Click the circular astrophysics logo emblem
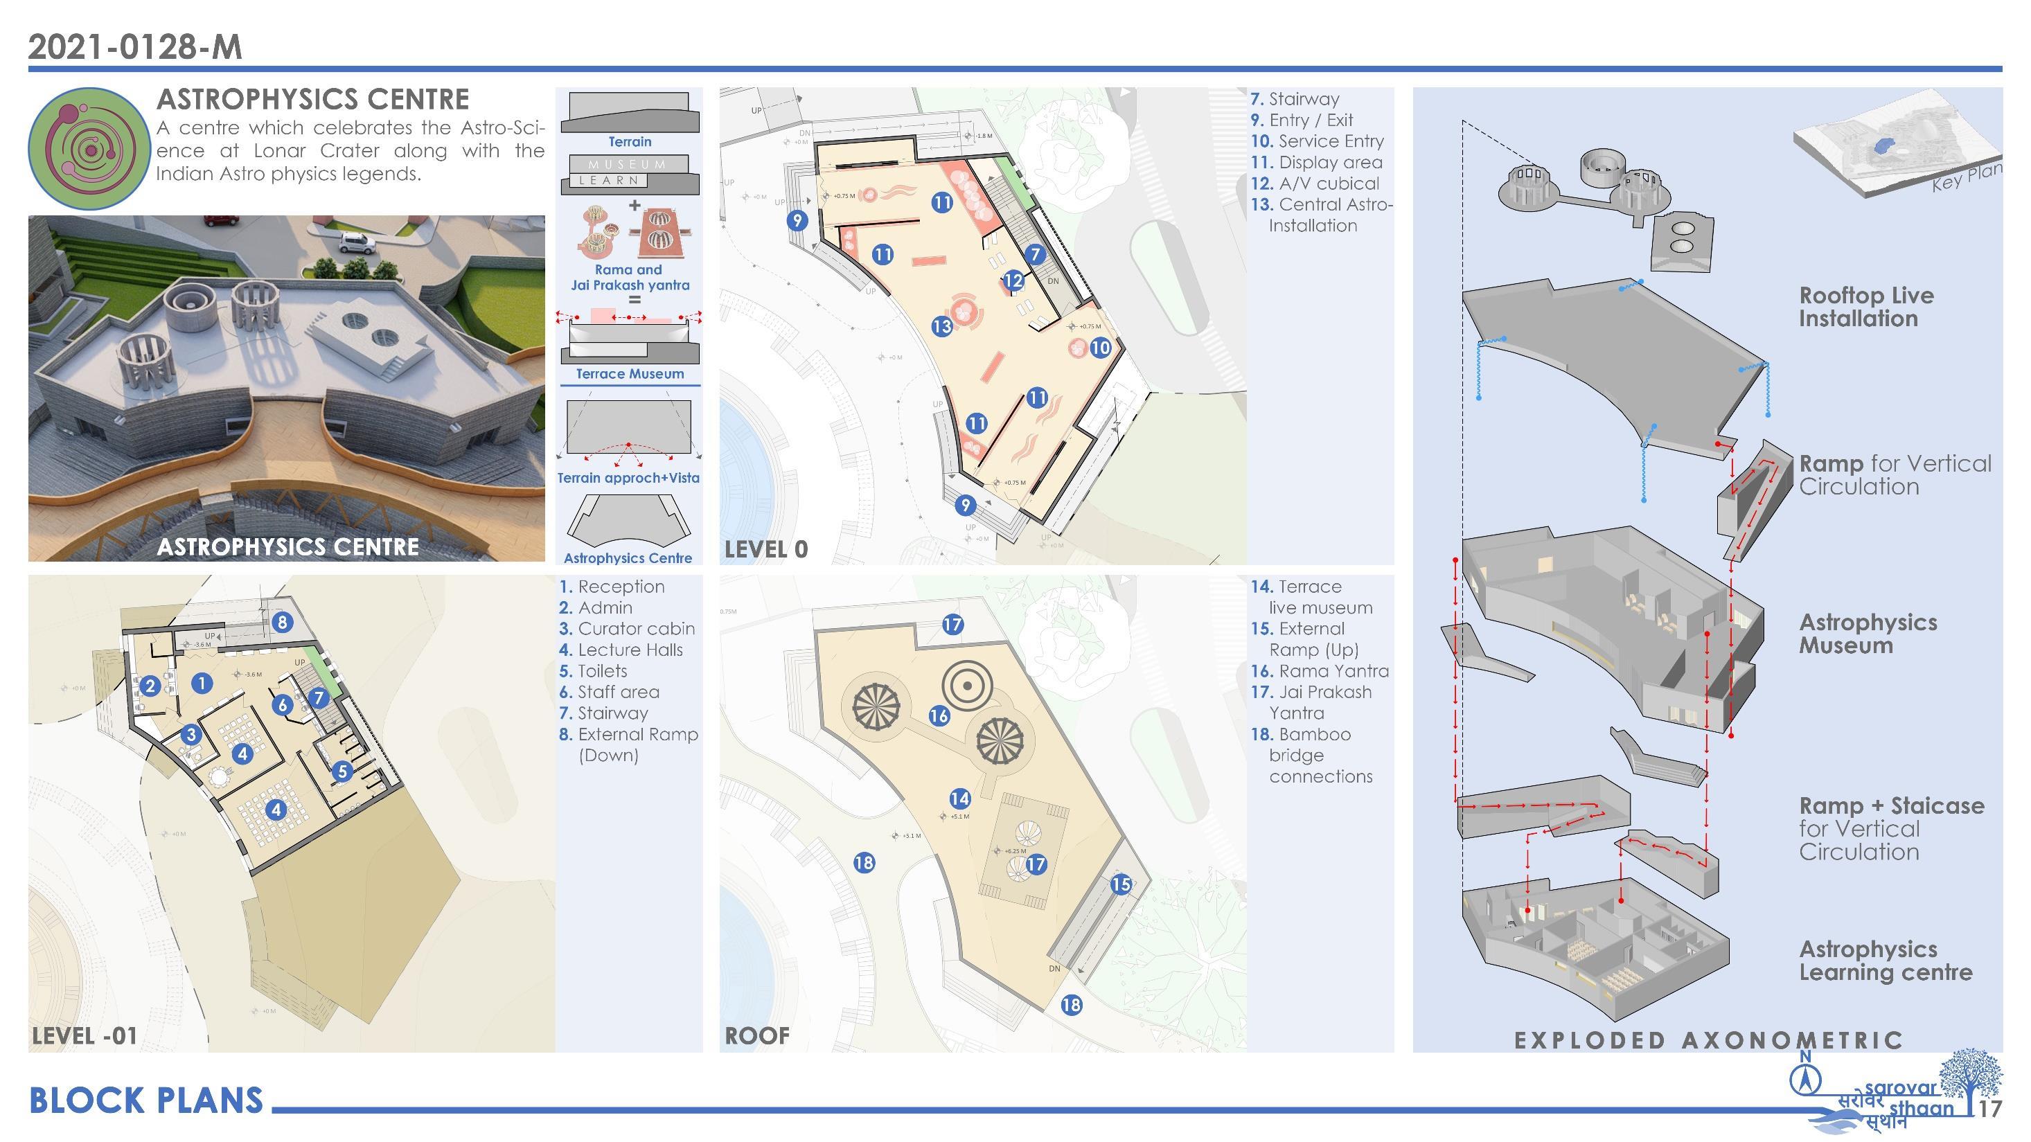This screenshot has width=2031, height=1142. (x=89, y=148)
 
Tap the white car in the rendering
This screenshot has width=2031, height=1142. (x=356, y=243)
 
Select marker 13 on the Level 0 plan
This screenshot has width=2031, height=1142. (x=941, y=326)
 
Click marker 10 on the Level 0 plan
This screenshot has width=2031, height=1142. (x=1100, y=347)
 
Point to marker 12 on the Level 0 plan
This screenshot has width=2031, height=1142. (x=1013, y=280)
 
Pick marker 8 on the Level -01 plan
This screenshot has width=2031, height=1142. (x=282, y=622)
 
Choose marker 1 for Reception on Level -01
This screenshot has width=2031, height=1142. (x=202, y=684)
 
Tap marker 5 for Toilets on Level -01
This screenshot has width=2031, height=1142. (x=342, y=771)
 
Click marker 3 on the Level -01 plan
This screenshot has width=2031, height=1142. (x=190, y=735)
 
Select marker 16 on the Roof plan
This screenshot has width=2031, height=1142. (x=938, y=715)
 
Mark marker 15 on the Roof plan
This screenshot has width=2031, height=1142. (x=1120, y=884)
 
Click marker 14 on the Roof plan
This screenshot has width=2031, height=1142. (x=959, y=798)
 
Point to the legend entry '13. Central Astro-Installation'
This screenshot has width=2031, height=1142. (x=1322, y=215)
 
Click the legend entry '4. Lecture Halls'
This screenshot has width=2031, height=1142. (x=621, y=650)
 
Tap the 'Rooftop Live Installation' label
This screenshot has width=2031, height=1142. (x=1865, y=307)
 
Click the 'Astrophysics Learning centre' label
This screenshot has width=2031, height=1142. (x=1884, y=961)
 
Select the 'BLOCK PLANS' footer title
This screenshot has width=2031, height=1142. (x=146, y=1101)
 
